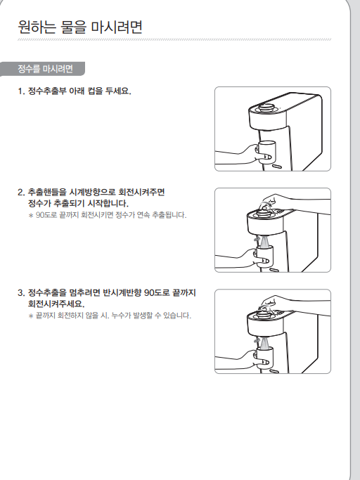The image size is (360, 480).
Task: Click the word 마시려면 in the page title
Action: click(x=117, y=27)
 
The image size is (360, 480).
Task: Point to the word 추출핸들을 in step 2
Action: click(x=47, y=193)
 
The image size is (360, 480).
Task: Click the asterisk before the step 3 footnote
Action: click(x=31, y=316)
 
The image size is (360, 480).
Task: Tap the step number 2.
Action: click(x=21, y=193)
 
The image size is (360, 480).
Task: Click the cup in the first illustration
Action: click(x=266, y=152)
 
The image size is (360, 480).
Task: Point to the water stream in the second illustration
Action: click(x=264, y=241)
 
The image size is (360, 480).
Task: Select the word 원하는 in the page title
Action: click(x=37, y=27)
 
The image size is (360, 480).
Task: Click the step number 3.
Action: click(x=21, y=292)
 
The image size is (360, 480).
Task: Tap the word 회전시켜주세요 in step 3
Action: click(x=56, y=304)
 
